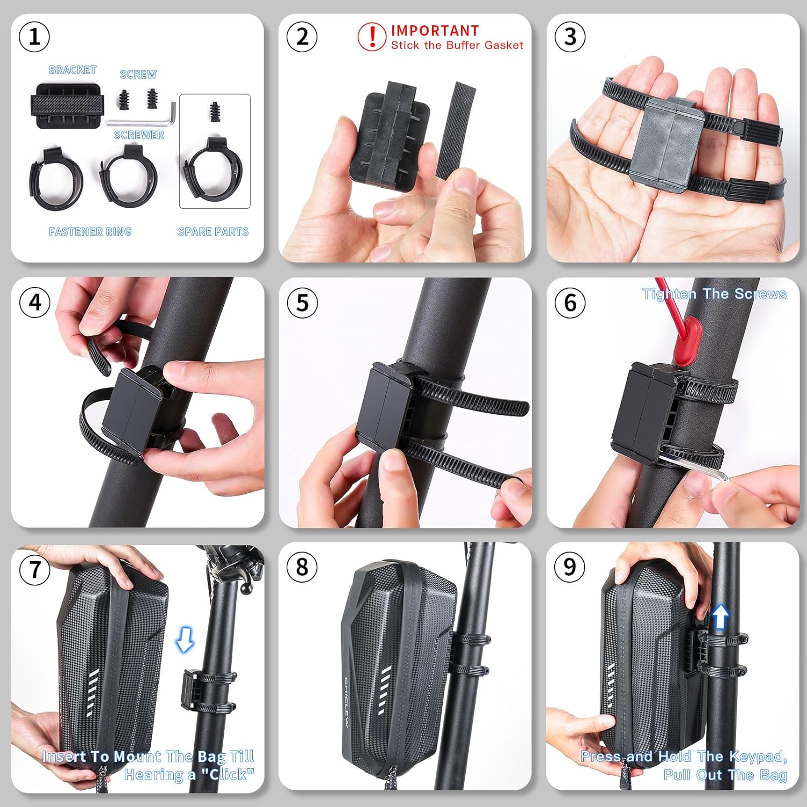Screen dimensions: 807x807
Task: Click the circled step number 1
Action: (x=34, y=37)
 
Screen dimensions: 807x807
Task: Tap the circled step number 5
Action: (x=302, y=302)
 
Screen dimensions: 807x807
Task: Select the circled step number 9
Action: (x=569, y=567)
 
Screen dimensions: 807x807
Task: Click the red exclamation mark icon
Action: (x=372, y=37)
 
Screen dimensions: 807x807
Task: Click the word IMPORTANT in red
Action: (x=435, y=31)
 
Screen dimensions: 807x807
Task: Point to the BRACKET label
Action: (x=73, y=70)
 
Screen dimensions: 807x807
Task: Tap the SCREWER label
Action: (x=139, y=135)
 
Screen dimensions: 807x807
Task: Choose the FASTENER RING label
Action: (x=90, y=232)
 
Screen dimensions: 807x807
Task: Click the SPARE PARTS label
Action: (x=213, y=232)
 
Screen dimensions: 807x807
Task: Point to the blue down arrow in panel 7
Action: (x=185, y=639)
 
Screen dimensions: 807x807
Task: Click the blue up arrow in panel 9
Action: (x=720, y=617)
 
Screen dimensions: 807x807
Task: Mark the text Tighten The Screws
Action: (x=714, y=294)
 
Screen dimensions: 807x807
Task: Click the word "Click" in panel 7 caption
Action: (x=228, y=774)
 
